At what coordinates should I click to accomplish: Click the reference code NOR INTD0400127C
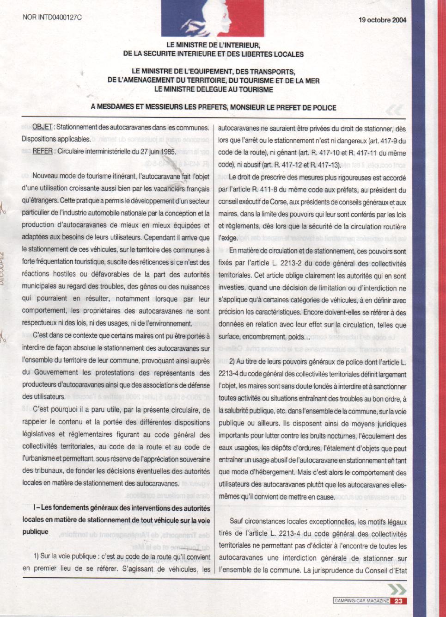52,18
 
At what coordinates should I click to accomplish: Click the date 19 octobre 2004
382,20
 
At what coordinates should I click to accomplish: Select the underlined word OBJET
42,127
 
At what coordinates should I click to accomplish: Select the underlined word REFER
43,151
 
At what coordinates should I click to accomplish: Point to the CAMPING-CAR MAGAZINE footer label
361,601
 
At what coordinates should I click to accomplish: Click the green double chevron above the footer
397,589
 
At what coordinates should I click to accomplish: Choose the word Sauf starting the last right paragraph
236,521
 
